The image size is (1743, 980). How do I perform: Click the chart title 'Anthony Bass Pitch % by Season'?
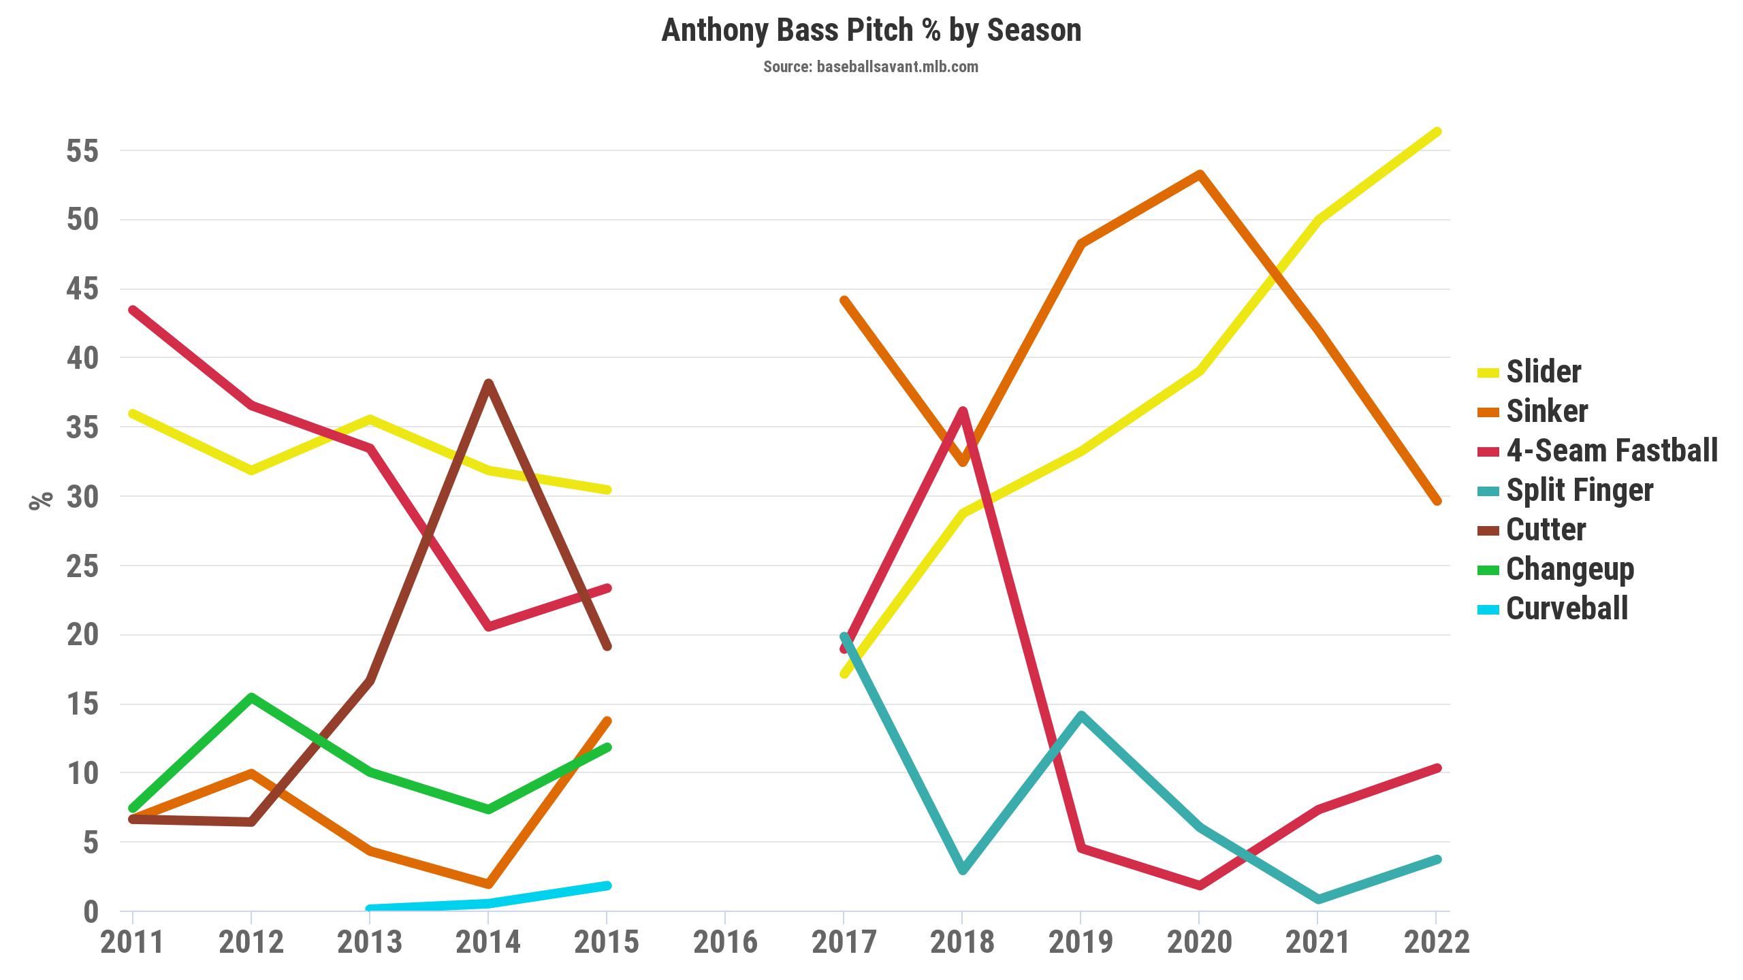(x=871, y=31)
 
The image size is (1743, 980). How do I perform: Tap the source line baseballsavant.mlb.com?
(x=871, y=67)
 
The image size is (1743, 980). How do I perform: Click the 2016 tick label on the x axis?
(x=725, y=943)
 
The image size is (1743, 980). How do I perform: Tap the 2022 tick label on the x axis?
(x=1437, y=943)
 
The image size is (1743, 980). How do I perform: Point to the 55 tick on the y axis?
(x=82, y=151)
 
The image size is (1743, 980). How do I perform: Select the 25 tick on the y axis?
(x=82, y=566)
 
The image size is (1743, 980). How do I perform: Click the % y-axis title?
(x=40, y=500)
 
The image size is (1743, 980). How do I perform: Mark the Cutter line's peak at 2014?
(x=488, y=383)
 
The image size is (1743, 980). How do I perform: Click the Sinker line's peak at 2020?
(x=1200, y=174)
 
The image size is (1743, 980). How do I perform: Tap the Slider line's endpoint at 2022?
(x=1437, y=132)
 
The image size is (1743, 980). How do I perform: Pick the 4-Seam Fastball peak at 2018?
(x=962, y=411)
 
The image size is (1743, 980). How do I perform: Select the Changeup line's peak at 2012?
(x=251, y=698)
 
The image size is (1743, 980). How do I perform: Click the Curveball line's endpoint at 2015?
(x=607, y=885)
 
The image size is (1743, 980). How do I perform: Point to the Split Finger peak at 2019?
(x=1081, y=715)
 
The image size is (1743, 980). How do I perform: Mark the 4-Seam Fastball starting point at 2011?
(x=133, y=310)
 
